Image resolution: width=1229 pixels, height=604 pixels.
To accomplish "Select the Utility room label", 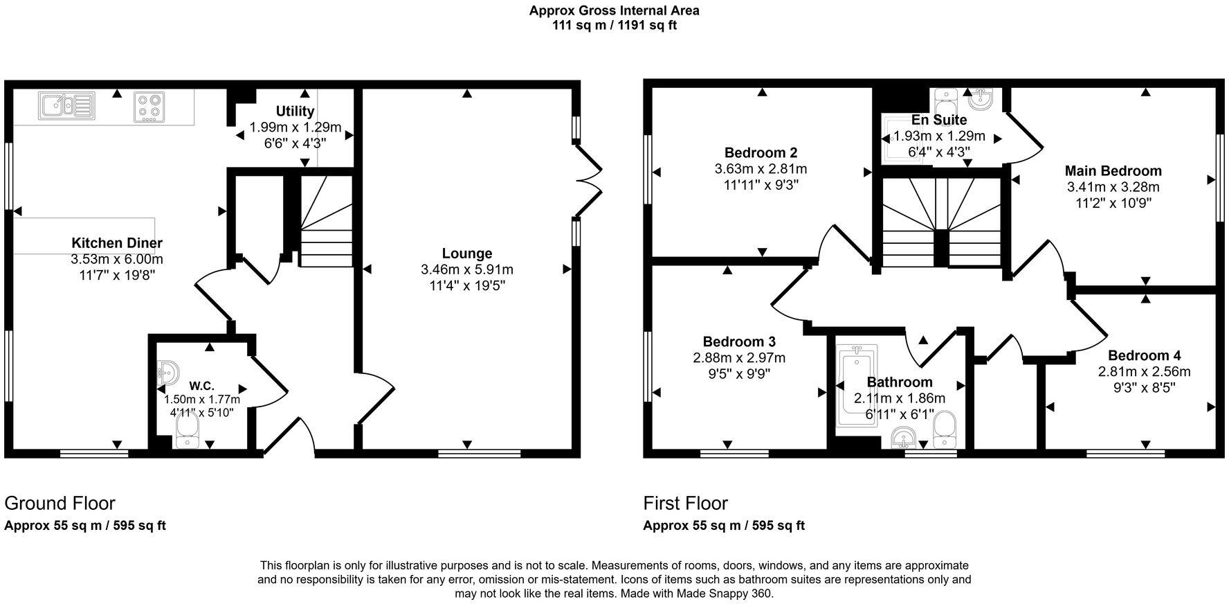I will (295, 111).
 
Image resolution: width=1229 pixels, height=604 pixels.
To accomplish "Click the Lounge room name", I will (467, 254).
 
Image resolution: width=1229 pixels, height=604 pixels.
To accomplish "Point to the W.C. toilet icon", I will (187, 436).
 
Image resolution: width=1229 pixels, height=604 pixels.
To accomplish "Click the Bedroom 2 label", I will (761, 152).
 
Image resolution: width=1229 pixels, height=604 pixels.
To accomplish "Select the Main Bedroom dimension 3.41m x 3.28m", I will (1113, 187).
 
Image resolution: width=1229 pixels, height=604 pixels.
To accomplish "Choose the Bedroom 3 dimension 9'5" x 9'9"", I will (738, 374).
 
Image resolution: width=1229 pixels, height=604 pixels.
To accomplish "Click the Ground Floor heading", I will (60, 503).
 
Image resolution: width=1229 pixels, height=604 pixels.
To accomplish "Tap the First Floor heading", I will (685, 503).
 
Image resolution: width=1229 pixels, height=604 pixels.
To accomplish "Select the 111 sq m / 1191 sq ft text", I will (614, 26).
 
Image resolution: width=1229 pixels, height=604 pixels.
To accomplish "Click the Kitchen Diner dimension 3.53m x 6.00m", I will (116, 259).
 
